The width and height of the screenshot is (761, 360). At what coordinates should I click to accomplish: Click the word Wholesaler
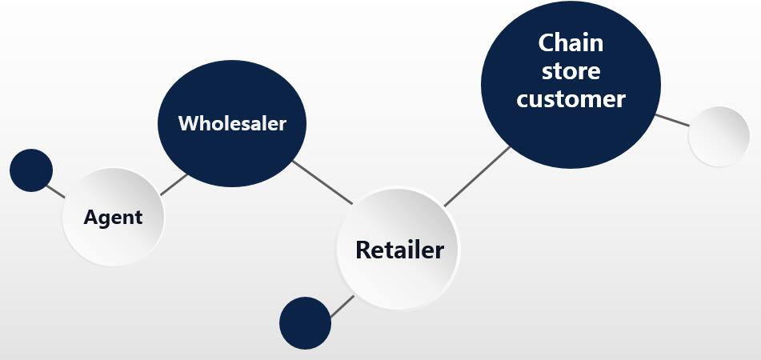click(x=232, y=124)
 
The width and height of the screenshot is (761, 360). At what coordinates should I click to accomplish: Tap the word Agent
click(x=113, y=217)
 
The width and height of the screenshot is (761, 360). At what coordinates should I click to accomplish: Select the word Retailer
click(x=399, y=250)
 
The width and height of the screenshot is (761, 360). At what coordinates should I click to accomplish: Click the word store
click(x=571, y=70)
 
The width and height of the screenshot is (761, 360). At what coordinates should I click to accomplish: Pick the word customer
click(x=571, y=99)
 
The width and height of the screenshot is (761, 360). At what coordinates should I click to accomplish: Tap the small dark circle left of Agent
click(x=31, y=170)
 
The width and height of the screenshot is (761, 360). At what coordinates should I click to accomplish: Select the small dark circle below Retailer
click(x=305, y=323)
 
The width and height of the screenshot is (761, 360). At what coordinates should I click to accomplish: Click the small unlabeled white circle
click(x=719, y=137)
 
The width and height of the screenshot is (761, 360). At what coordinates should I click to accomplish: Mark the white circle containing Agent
click(x=113, y=240)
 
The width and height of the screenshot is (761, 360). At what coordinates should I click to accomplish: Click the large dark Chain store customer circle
click(x=571, y=136)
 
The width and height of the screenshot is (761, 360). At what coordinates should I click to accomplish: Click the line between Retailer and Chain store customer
click(x=477, y=176)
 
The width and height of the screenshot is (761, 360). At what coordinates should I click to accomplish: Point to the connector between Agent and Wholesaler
click(x=174, y=184)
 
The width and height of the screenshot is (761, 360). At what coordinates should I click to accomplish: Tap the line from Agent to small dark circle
click(x=55, y=191)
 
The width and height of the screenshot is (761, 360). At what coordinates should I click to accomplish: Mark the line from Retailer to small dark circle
click(x=342, y=306)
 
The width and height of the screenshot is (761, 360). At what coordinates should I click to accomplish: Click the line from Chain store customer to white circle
click(x=671, y=120)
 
